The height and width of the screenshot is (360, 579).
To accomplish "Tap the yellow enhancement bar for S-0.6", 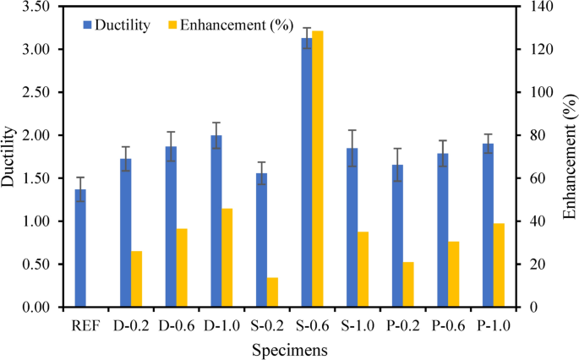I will (x=318, y=169).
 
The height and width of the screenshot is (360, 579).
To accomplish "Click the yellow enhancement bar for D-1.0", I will (x=227, y=258).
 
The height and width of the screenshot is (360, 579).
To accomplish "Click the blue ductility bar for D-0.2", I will (x=126, y=233).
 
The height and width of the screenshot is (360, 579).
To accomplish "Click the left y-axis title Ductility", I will (x=9, y=157).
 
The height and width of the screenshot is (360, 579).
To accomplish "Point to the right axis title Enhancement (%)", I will (x=568, y=157).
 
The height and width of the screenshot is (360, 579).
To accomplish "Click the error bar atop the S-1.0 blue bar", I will (x=352, y=148).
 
